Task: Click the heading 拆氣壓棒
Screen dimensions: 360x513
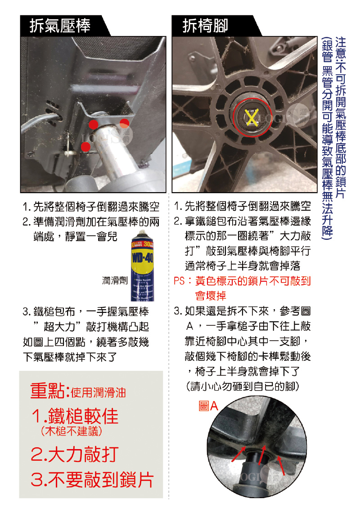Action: pyautogui.click(x=60, y=26)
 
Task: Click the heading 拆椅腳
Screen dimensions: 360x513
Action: pyautogui.click(x=205, y=26)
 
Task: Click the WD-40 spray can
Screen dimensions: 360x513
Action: pyautogui.click(x=142, y=265)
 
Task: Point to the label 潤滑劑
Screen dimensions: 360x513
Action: pyautogui.click(x=115, y=280)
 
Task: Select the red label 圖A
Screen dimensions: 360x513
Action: pyautogui.click(x=208, y=406)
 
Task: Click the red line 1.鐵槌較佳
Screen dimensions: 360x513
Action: pyautogui.click(x=75, y=416)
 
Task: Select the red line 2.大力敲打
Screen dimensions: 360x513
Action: pyautogui.click(x=75, y=454)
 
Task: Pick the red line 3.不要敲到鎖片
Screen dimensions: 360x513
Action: pyautogui.click(x=92, y=479)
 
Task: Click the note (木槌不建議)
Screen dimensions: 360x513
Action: pyautogui.click(x=72, y=431)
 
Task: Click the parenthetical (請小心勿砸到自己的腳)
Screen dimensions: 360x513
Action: pyautogui.click(x=243, y=387)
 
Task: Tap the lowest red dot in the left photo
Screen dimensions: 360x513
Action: pyautogui.click(x=85, y=147)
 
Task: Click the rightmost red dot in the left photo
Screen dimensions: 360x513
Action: pyautogui.click(x=124, y=123)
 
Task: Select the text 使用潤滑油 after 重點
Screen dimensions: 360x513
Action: pyautogui.click(x=98, y=392)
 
